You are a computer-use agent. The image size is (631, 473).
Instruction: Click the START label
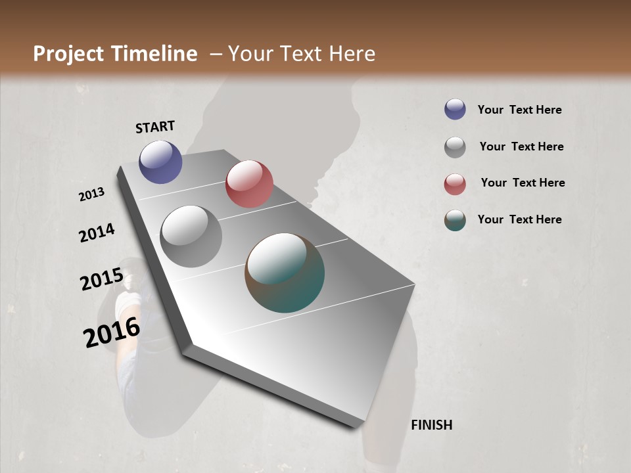155,127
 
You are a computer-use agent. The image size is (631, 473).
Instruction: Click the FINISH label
431,425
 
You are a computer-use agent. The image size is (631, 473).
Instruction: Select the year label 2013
92,194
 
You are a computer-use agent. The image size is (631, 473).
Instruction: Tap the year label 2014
97,233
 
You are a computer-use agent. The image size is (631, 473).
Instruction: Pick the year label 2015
102,279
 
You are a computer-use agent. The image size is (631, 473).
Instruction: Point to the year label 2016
112,332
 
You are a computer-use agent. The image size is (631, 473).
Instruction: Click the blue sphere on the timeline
160,162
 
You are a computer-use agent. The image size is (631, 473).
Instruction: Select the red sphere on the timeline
249,184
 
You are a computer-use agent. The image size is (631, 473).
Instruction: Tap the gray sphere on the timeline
191,236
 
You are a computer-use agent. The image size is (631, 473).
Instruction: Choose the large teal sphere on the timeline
285,273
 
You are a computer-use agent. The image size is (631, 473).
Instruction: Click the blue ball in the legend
455,110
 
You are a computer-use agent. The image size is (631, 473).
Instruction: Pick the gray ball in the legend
455,147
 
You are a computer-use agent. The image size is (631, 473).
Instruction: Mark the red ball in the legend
455,184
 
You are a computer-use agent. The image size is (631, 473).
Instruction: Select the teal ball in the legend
455,220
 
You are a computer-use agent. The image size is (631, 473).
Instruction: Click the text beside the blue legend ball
519,110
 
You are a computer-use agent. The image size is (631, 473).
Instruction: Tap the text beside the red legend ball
523,183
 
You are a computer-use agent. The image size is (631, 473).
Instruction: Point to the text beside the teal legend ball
519,219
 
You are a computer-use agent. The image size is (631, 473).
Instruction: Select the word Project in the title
69,54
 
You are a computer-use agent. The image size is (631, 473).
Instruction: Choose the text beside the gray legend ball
521,146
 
